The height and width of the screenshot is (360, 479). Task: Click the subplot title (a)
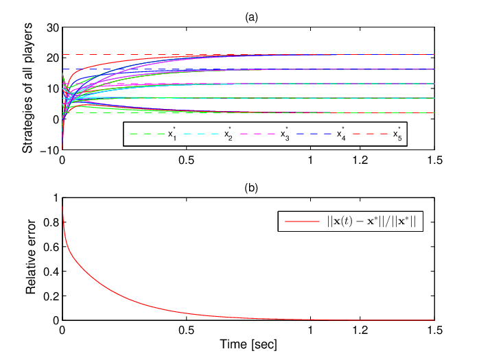(x=251, y=17)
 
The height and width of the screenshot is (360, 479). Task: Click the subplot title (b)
(x=251, y=188)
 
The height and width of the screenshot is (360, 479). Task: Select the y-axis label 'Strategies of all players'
(x=27, y=88)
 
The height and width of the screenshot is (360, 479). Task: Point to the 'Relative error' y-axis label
(x=31, y=256)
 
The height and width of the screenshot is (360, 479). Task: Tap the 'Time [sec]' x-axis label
(x=248, y=344)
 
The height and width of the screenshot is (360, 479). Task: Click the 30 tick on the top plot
(x=53, y=28)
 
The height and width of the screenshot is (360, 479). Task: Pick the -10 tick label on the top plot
(x=49, y=150)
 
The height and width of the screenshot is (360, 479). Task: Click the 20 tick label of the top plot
(x=53, y=58)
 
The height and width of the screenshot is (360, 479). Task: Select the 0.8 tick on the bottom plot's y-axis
(x=51, y=222)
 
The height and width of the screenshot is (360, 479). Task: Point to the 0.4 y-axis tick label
(x=51, y=272)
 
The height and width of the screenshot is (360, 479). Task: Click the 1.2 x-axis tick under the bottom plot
(x=360, y=330)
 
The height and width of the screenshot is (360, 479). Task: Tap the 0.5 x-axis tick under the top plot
(x=187, y=160)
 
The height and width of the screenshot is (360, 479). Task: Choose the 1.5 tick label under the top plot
(x=434, y=160)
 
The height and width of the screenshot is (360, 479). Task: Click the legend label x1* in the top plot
(x=172, y=134)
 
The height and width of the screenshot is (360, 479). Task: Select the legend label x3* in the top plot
(x=285, y=134)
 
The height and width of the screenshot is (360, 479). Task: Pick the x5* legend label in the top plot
(x=397, y=134)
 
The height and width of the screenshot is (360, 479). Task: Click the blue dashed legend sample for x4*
(x=314, y=134)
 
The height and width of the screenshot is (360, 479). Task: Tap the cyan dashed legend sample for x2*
(x=201, y=134)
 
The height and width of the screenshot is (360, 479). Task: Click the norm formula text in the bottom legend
(x=371, y=221)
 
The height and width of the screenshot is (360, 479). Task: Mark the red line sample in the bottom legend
(x=302, y=221)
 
